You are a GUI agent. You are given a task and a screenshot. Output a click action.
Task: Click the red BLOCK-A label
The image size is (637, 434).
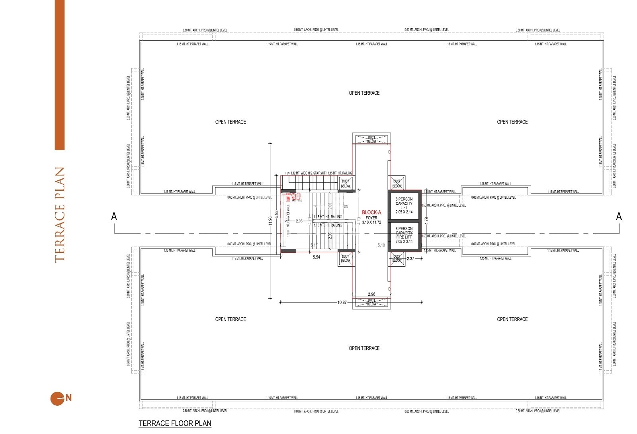371,212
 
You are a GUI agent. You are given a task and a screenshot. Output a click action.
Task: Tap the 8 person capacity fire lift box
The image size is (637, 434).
404,235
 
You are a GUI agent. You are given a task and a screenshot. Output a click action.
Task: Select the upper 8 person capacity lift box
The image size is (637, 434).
404,205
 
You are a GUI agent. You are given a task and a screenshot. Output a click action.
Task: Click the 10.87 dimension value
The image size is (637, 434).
342,303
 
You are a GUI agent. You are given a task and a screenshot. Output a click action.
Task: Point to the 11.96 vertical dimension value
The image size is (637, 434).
270,221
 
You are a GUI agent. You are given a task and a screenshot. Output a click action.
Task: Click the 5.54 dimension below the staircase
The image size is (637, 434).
316,257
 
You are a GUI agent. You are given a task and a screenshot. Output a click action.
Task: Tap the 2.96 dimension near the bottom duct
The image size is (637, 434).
371,294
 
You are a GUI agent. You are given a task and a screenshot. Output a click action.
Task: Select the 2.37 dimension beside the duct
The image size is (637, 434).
410,258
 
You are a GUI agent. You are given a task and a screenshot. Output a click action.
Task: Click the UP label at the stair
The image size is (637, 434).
287,174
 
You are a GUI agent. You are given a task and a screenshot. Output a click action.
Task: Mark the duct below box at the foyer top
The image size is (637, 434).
371,139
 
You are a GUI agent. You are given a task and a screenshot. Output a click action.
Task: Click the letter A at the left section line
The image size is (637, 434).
114,216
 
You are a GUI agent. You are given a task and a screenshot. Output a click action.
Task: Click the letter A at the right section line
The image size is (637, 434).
619,216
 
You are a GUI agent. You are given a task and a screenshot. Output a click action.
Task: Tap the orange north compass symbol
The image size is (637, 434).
57,398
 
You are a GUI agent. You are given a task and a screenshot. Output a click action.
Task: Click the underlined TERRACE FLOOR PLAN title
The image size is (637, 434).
175,423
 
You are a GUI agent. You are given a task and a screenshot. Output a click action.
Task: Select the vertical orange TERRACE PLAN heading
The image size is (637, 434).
59,215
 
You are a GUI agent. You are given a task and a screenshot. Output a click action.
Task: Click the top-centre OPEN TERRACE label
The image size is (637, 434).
364,93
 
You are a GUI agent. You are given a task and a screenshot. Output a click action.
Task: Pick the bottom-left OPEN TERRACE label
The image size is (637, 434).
231,319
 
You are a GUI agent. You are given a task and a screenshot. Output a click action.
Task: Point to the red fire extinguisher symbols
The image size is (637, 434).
294,196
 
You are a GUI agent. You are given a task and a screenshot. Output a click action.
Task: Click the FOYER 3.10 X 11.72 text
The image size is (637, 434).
371,220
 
